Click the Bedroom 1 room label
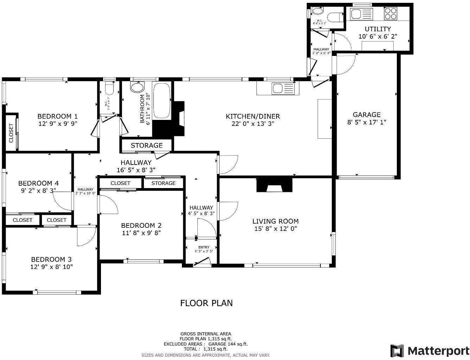click(x=57, y=116)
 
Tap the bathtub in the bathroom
click(x=162, y=101)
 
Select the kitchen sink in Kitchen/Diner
click(x=282, y=89)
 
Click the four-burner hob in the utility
click(x=390, y=14)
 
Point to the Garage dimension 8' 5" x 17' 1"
click(x=367, y=122)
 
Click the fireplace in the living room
click(x=274, y=185)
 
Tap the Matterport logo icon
click(x=397, y=351)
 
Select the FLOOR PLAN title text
click(x=206, y=303)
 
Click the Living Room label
click(x=275, y=221)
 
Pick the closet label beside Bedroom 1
click(x=11, y=133)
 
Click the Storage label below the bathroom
click(x=146, y=146)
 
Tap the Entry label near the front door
click(x=204, y=247)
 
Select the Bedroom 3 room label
click(x=51, y=259)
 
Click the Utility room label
click(x=377, y=29)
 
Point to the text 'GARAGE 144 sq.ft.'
click(x=228, y=344)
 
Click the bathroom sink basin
click(x=137, y=87)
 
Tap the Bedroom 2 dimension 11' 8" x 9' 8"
click(x=141, y=233)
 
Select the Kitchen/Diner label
click(x=253, y=116)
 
